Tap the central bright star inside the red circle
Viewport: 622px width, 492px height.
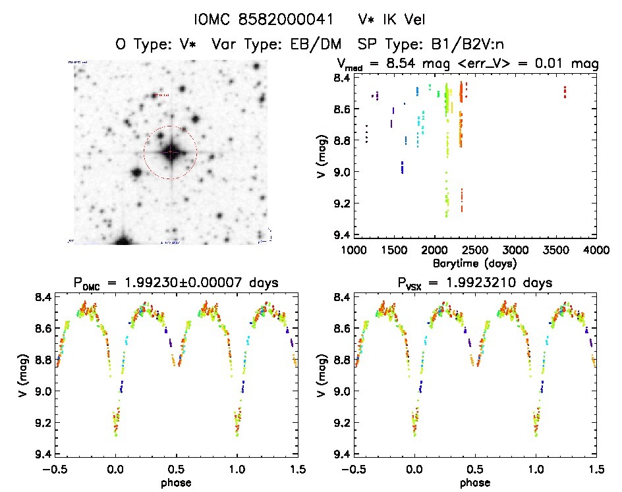[170, 152]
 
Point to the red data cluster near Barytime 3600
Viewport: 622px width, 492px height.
[565, 92]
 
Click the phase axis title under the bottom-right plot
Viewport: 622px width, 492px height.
[474, 483]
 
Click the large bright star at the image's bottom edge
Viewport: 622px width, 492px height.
[122, 240]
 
